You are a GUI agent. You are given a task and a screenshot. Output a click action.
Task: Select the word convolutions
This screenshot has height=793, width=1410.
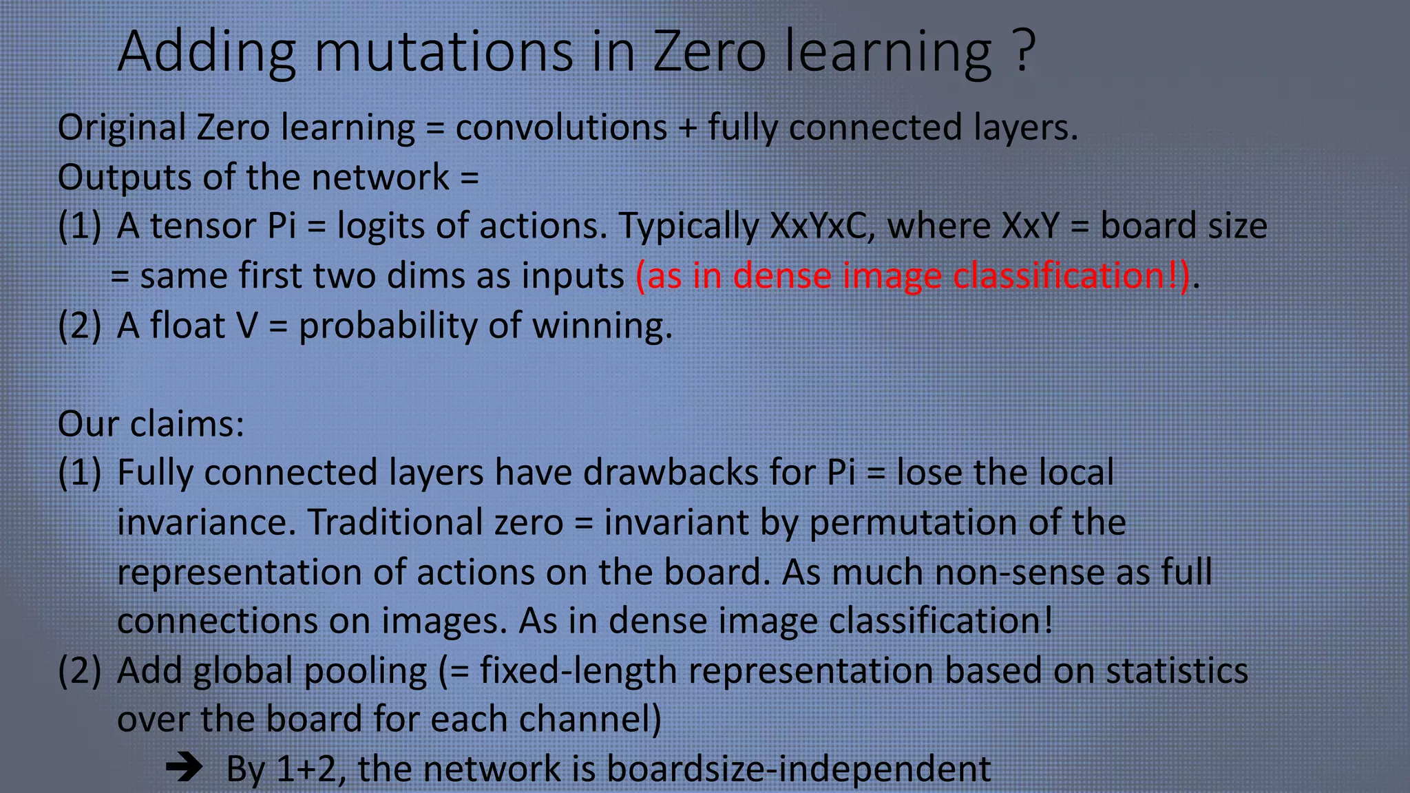coord(561,128)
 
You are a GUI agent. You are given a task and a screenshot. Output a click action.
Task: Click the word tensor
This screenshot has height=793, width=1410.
coord(203,226)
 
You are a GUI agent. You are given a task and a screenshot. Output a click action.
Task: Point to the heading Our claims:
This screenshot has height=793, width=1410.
coord(151,424)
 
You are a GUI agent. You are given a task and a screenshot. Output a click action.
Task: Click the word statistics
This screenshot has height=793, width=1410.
coord(1177,671)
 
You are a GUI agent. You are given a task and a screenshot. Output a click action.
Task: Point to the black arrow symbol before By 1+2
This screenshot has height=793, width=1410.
coord(184,768)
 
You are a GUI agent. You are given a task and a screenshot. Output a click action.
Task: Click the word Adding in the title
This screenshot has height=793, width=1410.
coord(207,52)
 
